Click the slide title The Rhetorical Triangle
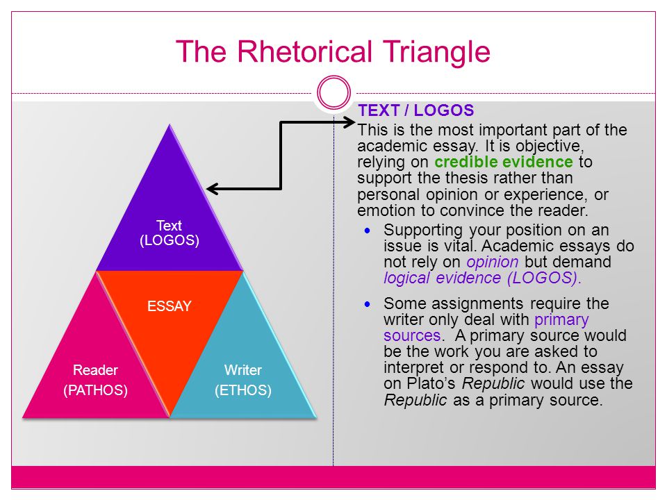coord(333,52)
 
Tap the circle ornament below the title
coord(334,78)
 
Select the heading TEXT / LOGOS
coord(416,110)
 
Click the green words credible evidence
coord(504,162)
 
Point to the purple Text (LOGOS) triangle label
coord(170,233)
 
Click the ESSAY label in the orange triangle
coord(170,306)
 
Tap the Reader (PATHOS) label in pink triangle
coord(95,380)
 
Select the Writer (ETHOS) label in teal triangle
coord(243,380)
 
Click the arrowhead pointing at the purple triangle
coord(212,189)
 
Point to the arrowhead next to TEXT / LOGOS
coord(349,122)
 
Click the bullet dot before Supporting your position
coord(368,231)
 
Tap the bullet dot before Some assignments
coord(368,304)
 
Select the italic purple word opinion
coord(493,262)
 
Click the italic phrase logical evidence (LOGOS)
coord(482,278)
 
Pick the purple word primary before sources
coord(561,319)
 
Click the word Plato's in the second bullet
coord(431,383)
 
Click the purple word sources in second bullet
coord(412,336)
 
